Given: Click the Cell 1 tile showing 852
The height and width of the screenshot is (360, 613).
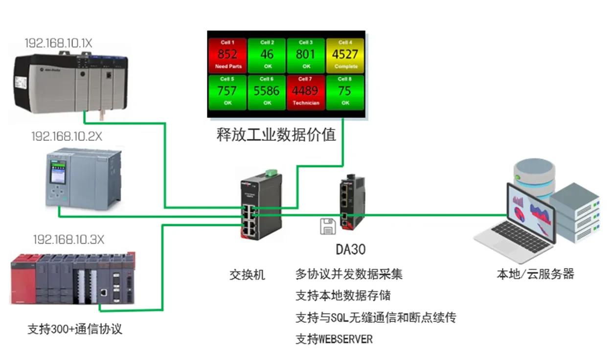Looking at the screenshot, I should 227,55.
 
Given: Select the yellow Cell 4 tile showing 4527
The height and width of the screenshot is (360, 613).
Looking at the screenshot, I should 345,55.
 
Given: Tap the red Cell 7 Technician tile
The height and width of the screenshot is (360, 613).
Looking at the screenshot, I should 306,91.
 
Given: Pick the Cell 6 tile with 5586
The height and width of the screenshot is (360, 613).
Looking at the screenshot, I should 267,91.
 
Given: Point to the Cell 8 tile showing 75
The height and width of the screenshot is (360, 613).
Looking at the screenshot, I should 345,91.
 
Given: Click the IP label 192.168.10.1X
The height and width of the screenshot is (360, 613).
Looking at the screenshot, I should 59,43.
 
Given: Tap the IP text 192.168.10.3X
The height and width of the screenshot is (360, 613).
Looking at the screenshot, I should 68,240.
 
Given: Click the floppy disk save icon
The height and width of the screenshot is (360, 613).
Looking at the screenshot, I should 327,226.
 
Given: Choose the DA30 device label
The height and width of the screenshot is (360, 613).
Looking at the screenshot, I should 350,249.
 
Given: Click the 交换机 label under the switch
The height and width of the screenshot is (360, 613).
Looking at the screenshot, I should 247,275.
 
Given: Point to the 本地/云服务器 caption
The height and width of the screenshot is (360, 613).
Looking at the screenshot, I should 535,274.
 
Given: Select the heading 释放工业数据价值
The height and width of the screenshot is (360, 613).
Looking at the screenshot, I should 276,134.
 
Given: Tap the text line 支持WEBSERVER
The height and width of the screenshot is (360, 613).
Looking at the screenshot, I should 334,339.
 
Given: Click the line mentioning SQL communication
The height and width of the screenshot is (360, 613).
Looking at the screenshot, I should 376,318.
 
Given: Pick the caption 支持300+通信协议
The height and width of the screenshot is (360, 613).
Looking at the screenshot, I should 75,329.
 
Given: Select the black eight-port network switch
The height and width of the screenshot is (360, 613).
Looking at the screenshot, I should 254,208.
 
